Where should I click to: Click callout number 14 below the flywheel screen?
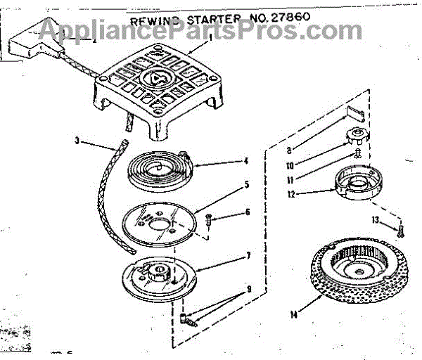293,314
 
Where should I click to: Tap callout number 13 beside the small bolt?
376,221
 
